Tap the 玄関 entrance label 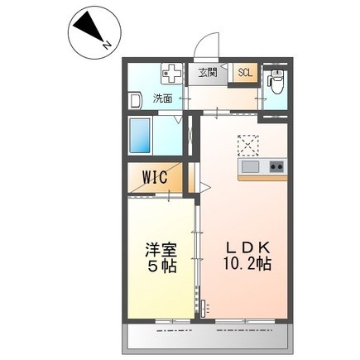(207, 73)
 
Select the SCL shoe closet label (246, 73)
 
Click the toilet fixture (276, 84)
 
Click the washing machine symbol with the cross (172, 75)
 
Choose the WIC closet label (155, 177)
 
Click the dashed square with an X (248, 145)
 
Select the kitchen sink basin (252, 169)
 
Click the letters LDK (244, 250)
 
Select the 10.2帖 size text (246, 267)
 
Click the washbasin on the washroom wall (134, 98)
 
